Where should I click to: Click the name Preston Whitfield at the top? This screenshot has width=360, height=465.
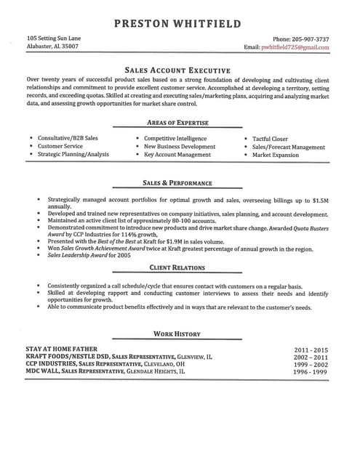coord(177,24)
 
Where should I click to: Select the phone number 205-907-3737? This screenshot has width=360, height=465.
coord(300,39)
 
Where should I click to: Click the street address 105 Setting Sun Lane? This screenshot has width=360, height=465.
coord(54,38)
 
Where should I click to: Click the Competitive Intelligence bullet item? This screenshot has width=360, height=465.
coord(175,138)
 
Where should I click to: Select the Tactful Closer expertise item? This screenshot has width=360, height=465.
coord(270,138)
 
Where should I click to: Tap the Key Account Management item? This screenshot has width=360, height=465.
coord(177,155)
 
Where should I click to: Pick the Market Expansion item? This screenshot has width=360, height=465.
coord(276,155)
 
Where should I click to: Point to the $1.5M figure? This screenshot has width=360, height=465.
coord(321,199)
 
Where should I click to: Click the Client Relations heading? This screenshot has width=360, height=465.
coord(177,268)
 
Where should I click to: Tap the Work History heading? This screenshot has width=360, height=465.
coord(177,333)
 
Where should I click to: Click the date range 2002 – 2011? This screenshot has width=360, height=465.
coord(311,357)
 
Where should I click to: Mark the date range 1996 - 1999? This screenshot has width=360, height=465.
coord(311,372)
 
